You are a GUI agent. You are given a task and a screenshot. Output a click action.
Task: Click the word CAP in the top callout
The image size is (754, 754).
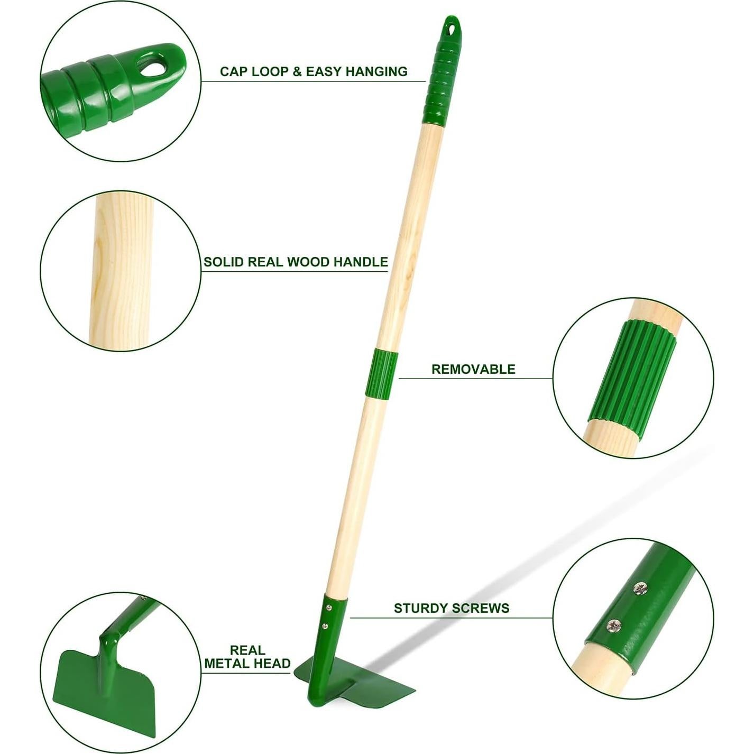point(233,71)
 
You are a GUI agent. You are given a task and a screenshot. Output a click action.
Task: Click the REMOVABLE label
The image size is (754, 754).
point(473,369)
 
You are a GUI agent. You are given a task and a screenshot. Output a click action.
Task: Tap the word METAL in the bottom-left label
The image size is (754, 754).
point(227,663)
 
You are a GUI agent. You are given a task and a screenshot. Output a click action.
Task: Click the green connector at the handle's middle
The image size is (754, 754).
point(381,373)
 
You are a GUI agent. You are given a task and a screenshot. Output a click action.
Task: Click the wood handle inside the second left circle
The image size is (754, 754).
point(121,270)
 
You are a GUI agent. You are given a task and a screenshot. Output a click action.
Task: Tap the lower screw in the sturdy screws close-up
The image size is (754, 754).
point(614,627)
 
